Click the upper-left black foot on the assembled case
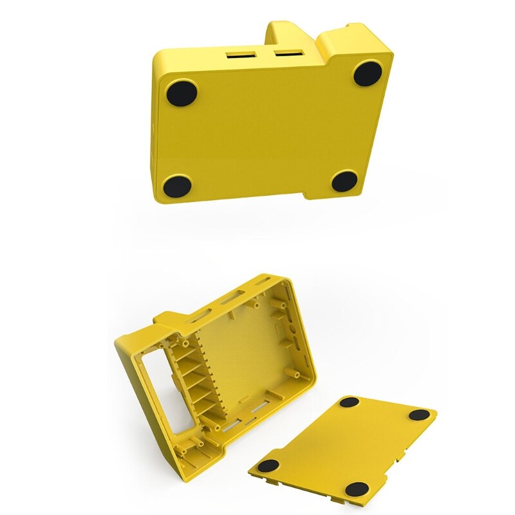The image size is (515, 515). click(182, 93)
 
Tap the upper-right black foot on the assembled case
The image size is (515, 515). click(368, 73)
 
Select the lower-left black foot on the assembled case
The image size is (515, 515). click(177, 186)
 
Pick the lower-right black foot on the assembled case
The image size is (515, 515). click(344, 182)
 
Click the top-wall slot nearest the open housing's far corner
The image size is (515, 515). click(265, 282)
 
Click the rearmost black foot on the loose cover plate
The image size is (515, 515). click(350, 402)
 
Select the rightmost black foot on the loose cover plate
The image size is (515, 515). click(419, 415)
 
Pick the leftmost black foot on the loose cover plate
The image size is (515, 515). click(268, 465)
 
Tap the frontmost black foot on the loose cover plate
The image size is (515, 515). click(357, 489)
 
